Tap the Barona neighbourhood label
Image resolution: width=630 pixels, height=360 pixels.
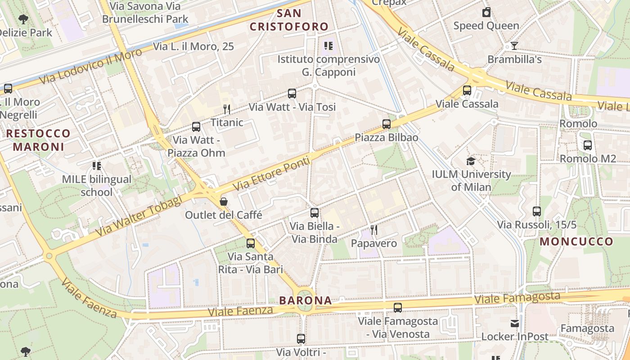click(305, 300)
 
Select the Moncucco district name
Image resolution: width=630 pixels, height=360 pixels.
click(576, 242)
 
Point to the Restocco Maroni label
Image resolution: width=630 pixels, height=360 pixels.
click(38, 140)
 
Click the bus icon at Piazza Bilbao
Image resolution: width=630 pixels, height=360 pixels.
click(386, 124)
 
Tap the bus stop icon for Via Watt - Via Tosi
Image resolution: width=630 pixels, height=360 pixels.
click(292, 94)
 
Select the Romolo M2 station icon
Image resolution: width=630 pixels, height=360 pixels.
click(587, 145)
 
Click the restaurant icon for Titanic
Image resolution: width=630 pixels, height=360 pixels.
click(227, 109)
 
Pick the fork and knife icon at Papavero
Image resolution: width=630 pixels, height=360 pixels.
click(373, 230)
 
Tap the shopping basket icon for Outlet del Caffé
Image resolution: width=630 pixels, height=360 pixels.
click(223, 202)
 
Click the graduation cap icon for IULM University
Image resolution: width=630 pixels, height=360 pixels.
click(471, 161)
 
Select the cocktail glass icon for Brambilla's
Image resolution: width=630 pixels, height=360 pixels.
click(514, 46)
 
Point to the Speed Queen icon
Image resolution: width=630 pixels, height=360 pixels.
click(486, 12)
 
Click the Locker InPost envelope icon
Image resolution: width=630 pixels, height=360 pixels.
click(515, 323)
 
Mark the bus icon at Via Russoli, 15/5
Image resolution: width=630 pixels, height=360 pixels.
click(536, 211)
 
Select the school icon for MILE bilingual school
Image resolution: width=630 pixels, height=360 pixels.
click(96, 166)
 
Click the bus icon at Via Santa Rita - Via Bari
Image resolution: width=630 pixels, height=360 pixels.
click(250, 243)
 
